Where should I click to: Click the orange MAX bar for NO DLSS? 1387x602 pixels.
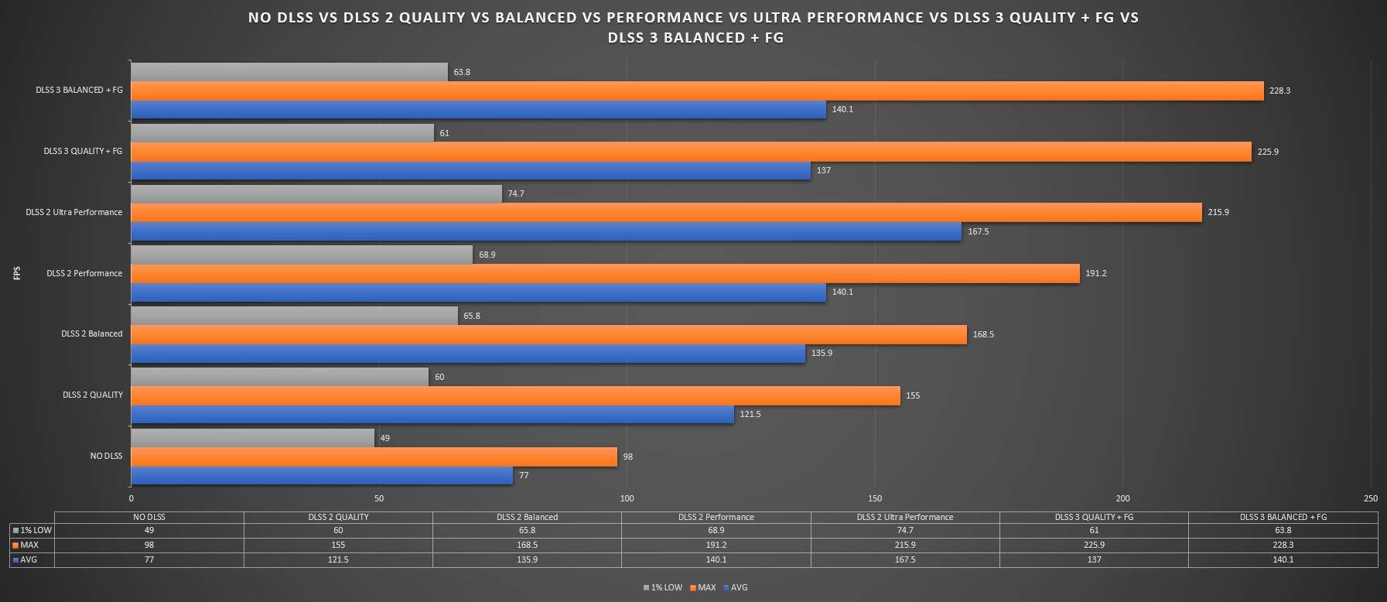pos(374,457)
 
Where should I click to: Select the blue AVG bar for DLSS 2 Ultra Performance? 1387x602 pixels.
pos(546,231)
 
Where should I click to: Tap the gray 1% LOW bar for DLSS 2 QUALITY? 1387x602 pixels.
pos(279,377)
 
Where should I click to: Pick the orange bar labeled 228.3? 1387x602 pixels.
pos(697,91)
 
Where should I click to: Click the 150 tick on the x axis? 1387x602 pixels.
pos(875,498)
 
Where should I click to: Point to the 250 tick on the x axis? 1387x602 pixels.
pos(1371,498)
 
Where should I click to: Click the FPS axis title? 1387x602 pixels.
pos(17,273)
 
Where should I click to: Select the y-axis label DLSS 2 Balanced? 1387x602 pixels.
pos(91,334)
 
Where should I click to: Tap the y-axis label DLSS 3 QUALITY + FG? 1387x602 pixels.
pos(83,151)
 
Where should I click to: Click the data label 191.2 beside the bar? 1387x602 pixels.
pos(1095,274)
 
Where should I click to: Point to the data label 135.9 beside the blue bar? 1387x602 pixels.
pos(822,354)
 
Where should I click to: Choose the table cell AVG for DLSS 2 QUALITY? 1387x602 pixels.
pos(338,559)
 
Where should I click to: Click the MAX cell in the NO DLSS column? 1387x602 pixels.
pos(149,545)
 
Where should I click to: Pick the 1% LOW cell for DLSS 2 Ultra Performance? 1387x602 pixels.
pos(905,531)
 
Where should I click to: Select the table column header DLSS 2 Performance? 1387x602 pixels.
pos(716,517)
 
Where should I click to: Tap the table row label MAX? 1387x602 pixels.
pos(29,546)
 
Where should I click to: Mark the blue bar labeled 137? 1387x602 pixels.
pos(470,171)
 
